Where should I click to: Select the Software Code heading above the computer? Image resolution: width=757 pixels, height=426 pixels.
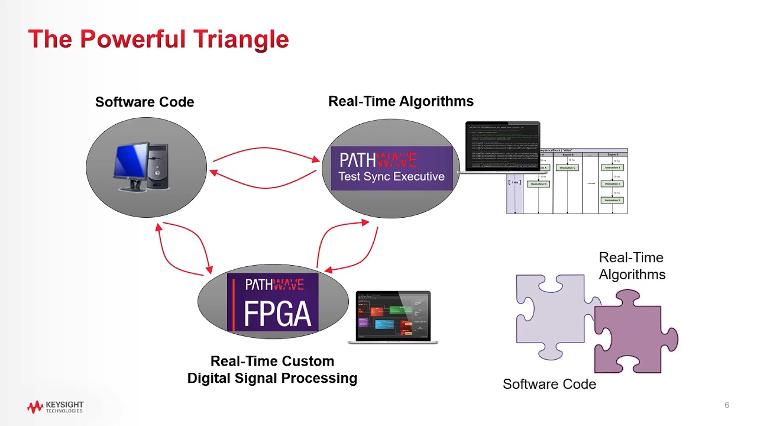point(144,102)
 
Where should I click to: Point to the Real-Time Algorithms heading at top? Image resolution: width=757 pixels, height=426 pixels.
point(400,101)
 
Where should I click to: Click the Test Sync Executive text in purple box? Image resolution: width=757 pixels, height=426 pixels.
point(391,176)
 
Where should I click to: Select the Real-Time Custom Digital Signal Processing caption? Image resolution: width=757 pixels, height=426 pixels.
point(272,370)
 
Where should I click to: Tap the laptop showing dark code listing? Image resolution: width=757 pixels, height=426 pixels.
point(502,147)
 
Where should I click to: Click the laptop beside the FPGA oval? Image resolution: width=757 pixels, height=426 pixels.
point(393,317)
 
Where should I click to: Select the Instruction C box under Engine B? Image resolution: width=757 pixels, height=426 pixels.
point(567,168)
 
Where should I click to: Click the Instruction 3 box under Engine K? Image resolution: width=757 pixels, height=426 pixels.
point(612,201)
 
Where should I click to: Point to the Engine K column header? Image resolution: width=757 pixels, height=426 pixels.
point(613,154)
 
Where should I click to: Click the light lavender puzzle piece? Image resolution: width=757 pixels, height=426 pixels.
point(550,314)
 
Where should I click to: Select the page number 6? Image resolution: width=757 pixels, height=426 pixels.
point(727,405)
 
